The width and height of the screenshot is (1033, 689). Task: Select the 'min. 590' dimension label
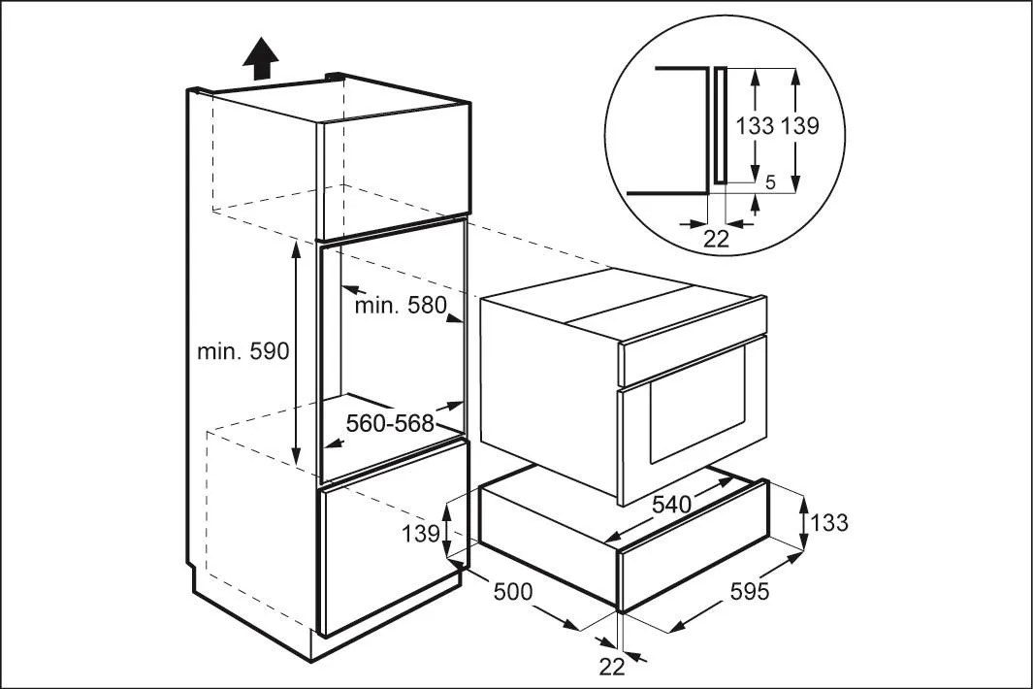click(243, 351)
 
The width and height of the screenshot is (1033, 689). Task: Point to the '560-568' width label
click(390, 424)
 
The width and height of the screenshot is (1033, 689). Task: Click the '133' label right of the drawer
click(827, 522)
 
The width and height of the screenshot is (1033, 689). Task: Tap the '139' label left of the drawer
click(422, 532)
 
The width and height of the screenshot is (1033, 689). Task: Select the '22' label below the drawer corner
click(612, 666)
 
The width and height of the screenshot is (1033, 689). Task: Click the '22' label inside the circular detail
click(716, 239)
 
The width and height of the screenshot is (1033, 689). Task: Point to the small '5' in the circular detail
click(769, 181)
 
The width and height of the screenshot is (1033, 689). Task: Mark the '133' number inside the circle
click(755, 126)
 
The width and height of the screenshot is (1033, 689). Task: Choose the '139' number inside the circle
click(799, 126)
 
